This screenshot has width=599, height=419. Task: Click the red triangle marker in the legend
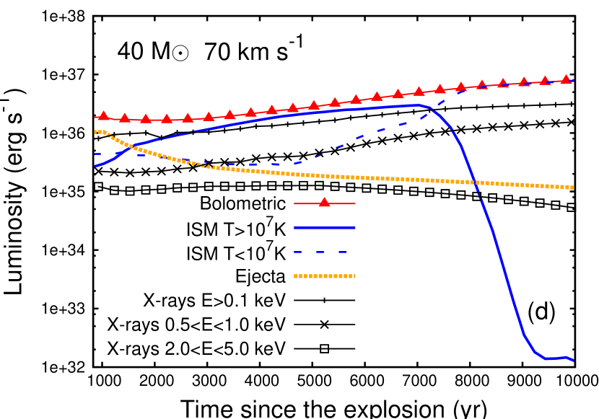[x=324, y=203]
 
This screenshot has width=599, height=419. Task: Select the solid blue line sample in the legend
[x=324, y=227]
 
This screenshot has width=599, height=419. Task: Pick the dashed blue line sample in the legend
[x=320, y=252]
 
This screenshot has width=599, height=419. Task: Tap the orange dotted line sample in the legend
[x=324, y=275]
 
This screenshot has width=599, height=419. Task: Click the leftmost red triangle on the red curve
[x=103, y=116]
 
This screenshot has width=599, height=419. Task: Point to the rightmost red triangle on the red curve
[x=566, y=79]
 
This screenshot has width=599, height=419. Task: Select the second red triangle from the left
[x=124, y=118]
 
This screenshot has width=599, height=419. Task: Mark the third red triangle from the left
[x=145, y=118]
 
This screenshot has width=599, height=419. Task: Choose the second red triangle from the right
[x=545, y=81]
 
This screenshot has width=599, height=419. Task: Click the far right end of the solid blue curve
[x=573, y=360]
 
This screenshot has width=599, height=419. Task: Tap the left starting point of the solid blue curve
[x=95, y=166]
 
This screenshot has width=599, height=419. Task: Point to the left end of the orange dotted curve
[x=95, y=131]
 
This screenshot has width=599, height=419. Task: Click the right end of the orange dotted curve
[x=573, y=188]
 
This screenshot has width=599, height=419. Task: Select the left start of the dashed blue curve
[x=95, y=154]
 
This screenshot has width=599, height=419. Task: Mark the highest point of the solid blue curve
[x=417, y=105]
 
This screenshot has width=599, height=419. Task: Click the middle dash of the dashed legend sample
[x=320, y=252]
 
